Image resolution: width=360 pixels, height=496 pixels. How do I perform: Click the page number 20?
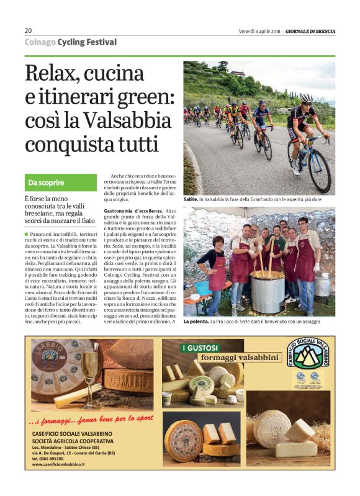click(29, 30)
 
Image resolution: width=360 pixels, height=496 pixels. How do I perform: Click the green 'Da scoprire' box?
click(61, 183)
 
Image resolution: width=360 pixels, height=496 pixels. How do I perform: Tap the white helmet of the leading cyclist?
click(306, 98)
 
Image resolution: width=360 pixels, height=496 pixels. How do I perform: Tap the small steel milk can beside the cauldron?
click(322, 286)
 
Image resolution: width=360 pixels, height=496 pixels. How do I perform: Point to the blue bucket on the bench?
click(202, 287)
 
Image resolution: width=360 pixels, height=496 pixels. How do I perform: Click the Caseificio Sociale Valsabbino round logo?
click(308, 359)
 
